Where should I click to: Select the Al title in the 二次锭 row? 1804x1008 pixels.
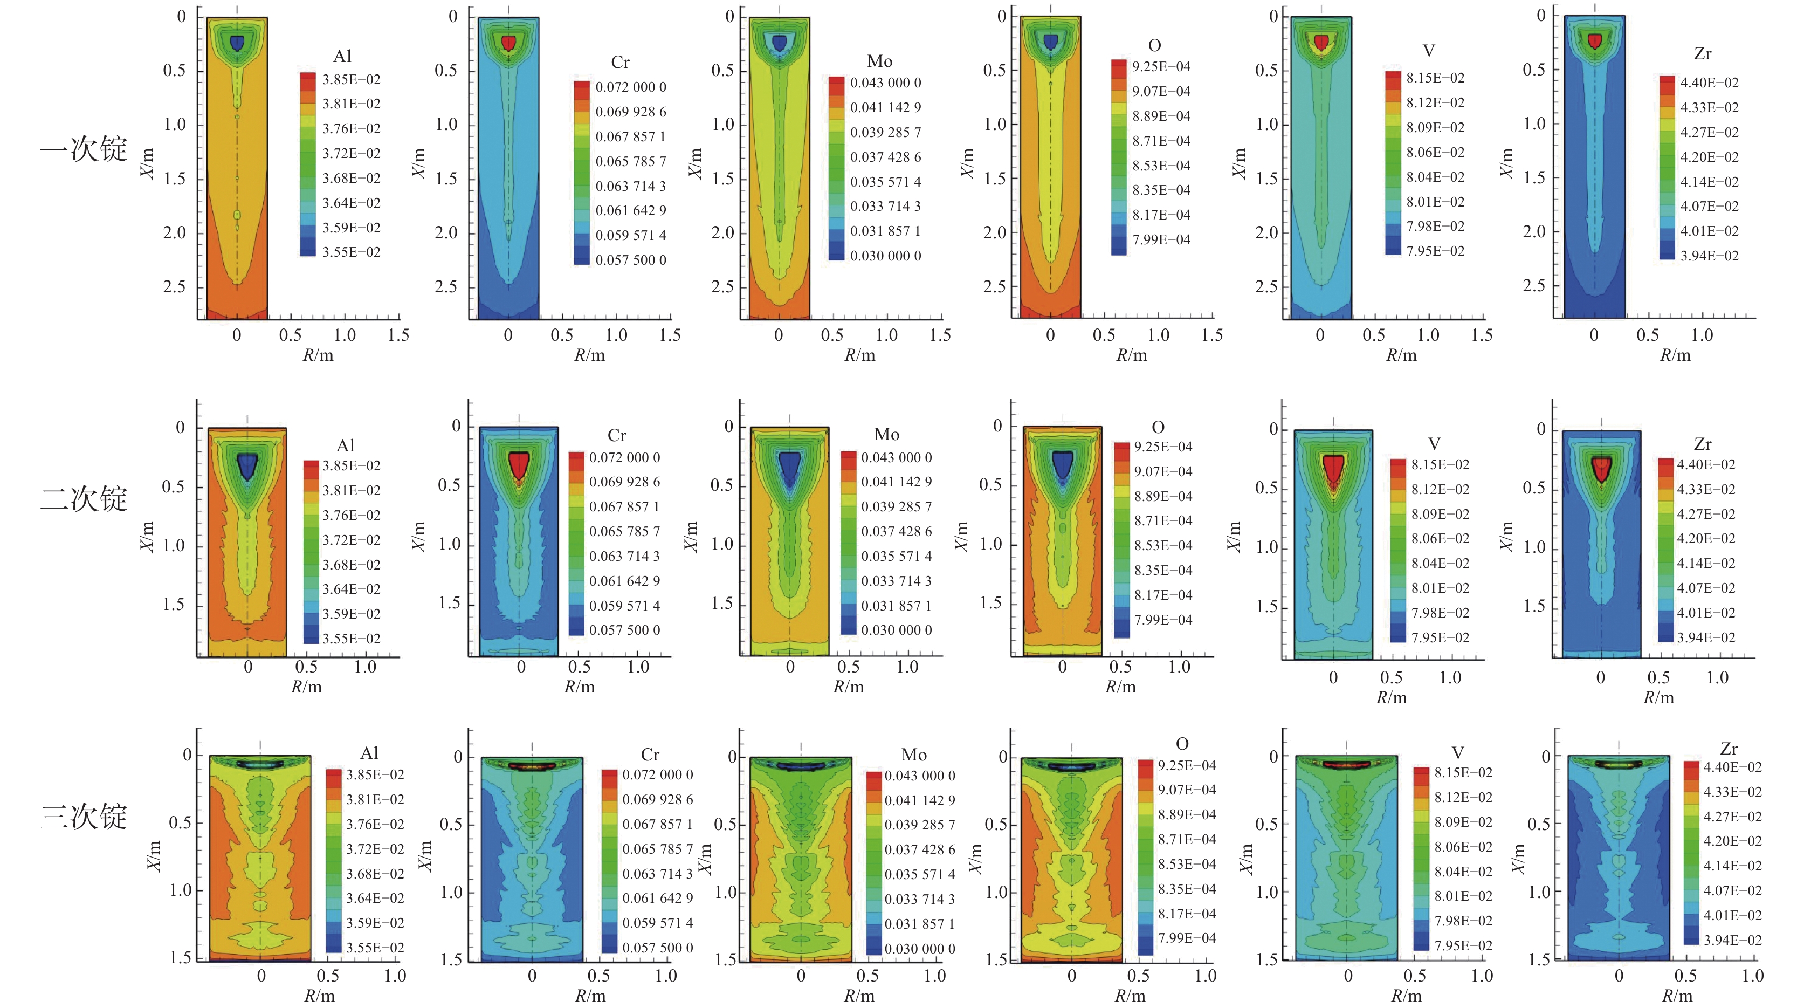coord(345,445)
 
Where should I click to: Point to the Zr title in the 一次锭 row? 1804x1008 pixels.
coord(1703,54)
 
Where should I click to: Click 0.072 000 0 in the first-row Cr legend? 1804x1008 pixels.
coord(630,87)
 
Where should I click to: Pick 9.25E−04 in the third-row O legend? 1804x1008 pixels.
coord(1186,765)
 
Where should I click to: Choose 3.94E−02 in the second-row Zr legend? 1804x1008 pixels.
coord(1706,637)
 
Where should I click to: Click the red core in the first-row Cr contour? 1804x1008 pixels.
coord(508,43)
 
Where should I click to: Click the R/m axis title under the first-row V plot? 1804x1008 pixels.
coord(1401,355)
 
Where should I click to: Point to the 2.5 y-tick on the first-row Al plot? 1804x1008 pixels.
coord(174,286)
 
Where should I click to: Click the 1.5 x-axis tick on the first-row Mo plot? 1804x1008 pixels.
coord(940,335)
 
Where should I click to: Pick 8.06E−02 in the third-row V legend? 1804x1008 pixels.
coord(1463,847)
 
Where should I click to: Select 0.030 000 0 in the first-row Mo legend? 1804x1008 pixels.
coord(885,256)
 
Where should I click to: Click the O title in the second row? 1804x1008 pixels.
coord(1158,427)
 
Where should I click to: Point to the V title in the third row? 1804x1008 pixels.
coord(1457,753)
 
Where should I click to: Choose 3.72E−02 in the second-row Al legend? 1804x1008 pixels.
coord(351,540)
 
